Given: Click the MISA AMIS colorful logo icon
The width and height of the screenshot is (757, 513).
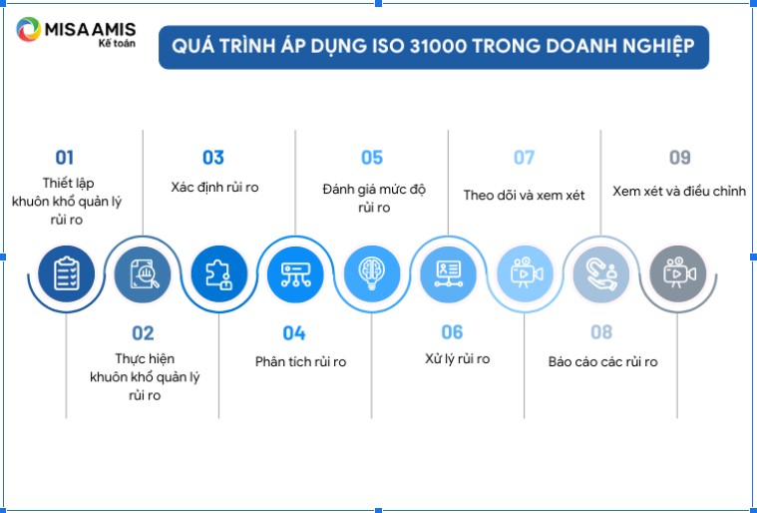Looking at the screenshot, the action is pyautogui.click(x=29, y=30).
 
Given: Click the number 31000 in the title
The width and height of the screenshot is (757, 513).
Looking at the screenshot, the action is pyautogui.click(x=438, y=46).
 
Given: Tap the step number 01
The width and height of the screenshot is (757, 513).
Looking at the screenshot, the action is pyautogui.click(x=65, y=158).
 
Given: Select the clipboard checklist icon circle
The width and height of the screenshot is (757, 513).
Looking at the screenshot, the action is pyautogui.click(x=66, y=273).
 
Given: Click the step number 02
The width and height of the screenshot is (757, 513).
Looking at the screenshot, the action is pyautogui.click(x=143, y=333).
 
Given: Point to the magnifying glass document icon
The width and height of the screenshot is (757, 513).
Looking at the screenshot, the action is pyautogui.click(x=143, y=273).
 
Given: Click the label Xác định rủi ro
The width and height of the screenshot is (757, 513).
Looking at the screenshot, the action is pyautogui.click(x=214, y=188).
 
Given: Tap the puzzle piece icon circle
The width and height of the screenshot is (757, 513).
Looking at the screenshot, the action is pyautogui.click(x=219, y=273).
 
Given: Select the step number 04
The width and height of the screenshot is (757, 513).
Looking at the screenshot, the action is pyautogui.click(x=294, y=333).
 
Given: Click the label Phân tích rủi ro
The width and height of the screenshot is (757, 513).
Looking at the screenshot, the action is pyautogui.click(x=301, y=362).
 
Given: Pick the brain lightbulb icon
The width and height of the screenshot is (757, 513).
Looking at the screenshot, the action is pyautogui.click(x=372, y=273).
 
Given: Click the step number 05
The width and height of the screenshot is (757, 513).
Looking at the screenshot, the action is pyautogui.click(x=372, y=158).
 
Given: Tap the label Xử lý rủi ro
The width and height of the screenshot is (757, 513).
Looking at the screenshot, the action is pyautogui.click(x=457, y=359).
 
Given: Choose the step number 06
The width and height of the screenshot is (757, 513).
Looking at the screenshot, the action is pyautogui.click(x=452, y=332).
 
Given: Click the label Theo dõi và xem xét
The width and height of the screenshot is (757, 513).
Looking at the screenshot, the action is pyautogui.click(x=524, y=196).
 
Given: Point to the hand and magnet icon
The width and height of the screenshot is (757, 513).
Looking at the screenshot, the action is pyautogui.click(x=601, y=273).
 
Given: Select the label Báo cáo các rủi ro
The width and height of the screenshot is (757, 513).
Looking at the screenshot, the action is pyautogui.click(x=603, y=362).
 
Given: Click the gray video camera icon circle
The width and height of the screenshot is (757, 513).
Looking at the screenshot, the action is pyautogui.click(x=678, y=273).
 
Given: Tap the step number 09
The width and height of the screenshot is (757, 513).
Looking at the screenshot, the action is pyautogui.click(x=680, y=158).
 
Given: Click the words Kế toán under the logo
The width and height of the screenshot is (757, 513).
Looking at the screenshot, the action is pyautogui.click(x=117, y=44).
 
